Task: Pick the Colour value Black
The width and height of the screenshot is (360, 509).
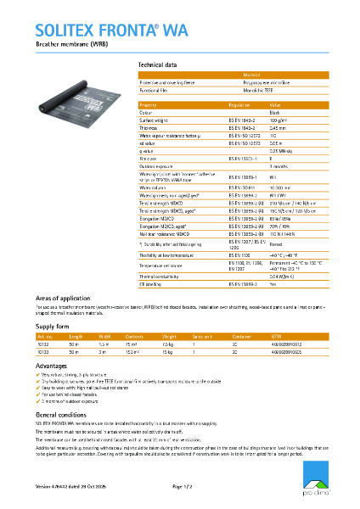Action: point(274,112)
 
